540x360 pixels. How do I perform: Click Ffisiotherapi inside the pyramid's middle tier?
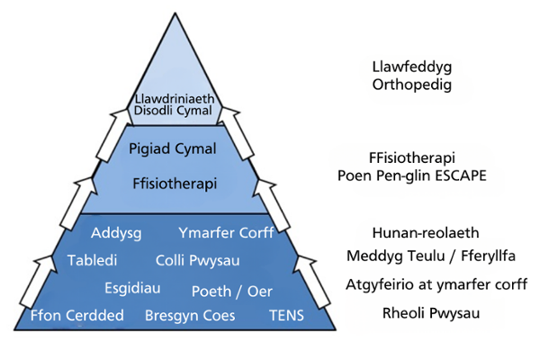pos(174,183)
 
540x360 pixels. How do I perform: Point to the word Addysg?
pos(117,234)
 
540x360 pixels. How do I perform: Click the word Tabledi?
pos(93,260)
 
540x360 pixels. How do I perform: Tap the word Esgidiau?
pos(131,289)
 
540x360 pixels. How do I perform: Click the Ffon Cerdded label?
pos(71,316)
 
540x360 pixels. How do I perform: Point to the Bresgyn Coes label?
pos(190,316)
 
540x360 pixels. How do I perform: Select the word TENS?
pos(287,316)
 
